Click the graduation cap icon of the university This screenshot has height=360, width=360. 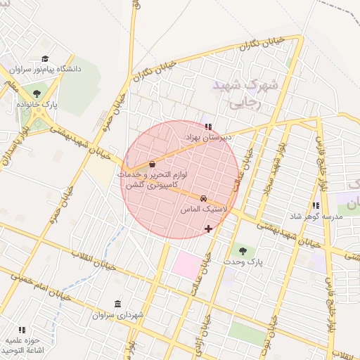tap(46, 59)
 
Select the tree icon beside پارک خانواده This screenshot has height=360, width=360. tap(36, 91)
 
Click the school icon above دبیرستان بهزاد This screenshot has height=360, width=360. tap(207, 126)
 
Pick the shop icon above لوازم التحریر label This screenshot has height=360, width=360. tap(153, 163)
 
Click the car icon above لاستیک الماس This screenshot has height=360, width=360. tap(203, 199)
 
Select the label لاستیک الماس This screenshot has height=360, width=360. tap(202, 210)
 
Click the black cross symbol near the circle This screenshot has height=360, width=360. tap(208, 229)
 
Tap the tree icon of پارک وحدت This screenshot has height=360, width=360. tap(243, 250)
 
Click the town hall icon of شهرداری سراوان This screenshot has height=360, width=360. tap(117, 304)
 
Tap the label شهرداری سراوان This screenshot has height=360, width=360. tap(117, 315)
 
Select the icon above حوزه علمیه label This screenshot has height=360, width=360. tap(22, 329)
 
